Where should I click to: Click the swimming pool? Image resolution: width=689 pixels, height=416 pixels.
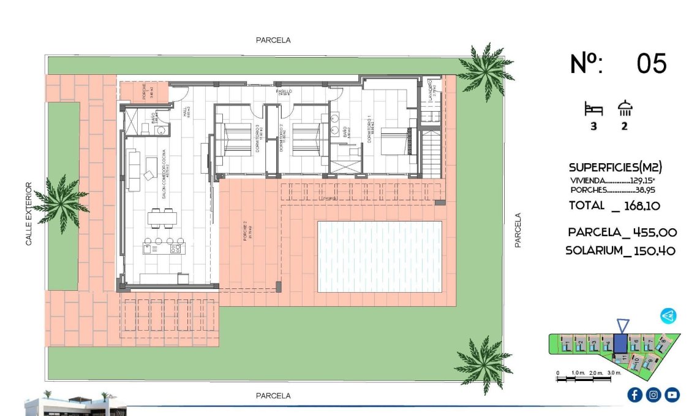(379, 256)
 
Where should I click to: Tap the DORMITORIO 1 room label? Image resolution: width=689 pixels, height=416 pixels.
(370, 130)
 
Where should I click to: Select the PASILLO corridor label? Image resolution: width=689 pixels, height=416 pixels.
(284, 91)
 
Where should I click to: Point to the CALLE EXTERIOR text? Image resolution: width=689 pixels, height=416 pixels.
(28, 214)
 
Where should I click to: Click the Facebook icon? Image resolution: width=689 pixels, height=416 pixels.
(634, 395)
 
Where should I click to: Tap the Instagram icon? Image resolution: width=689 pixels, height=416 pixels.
(653, 395)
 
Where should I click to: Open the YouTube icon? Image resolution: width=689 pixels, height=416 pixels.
(672, 395)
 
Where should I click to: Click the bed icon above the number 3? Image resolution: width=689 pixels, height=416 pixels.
(593, 110)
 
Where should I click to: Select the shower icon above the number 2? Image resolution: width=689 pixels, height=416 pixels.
(625, 109)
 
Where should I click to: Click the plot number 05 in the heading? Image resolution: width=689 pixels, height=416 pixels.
(651, 64)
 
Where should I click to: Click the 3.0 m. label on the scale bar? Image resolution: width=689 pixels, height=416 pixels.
(614, 373)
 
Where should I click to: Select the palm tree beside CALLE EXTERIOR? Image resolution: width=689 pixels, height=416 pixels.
(61, 203)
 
